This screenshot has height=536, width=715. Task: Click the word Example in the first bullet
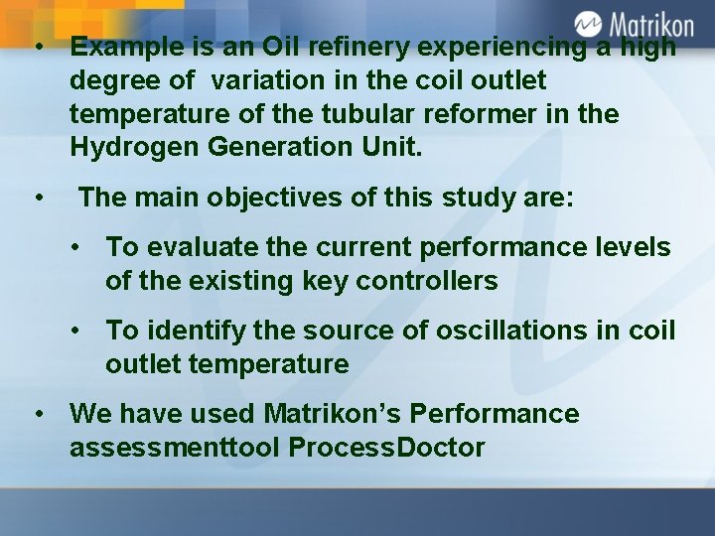tap(122, 47)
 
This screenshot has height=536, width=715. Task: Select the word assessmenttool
tap(175, 448)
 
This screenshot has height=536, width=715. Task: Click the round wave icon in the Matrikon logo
tap(589, 23)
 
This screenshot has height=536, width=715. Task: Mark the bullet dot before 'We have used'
tap(38, 414)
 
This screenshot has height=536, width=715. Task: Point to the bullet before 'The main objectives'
tap(38, 198)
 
